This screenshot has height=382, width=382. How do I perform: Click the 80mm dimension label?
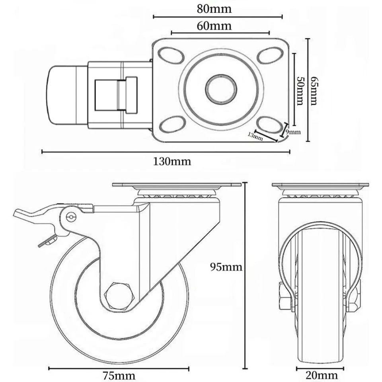(214, 9)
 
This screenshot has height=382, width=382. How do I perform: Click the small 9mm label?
(293, 132)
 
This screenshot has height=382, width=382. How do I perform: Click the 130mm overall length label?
(172, 161)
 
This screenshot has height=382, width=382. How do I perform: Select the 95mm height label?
(226, 267)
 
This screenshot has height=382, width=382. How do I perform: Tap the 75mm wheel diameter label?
(119, 375)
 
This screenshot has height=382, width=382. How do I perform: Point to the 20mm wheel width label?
(322, 375)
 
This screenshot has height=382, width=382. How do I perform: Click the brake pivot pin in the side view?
(71, 216)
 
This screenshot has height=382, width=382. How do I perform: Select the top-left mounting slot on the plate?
(170, 55)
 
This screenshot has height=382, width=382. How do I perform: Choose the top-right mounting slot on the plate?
(270, 55)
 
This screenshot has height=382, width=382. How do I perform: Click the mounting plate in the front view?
(320, 185)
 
